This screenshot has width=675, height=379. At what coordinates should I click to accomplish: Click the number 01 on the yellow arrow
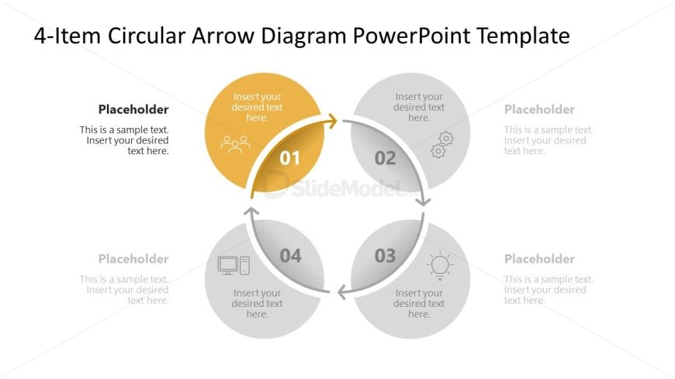289,158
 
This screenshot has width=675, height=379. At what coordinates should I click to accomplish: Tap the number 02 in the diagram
386,158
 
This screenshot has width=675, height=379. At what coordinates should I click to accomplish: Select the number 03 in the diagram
386,256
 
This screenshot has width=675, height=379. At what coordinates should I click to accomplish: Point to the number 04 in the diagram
291,256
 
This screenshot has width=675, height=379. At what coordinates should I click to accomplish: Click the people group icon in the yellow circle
236,143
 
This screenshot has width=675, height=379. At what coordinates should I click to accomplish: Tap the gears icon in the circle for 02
442,144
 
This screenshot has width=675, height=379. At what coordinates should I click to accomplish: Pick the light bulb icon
440,266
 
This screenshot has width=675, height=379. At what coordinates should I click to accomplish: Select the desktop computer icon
234,265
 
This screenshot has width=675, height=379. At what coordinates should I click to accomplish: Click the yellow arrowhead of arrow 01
331,121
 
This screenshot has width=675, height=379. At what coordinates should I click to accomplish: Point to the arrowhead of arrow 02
424,201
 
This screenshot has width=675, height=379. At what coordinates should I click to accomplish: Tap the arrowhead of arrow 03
343,292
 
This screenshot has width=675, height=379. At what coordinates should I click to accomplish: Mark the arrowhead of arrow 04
251,211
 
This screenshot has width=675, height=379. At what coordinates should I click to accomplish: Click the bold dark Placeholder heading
133,109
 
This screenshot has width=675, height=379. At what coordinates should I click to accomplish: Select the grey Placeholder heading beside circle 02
539,109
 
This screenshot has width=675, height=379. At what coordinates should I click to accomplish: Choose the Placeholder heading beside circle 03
539,259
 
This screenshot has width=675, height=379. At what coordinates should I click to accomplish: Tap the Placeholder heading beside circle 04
133,259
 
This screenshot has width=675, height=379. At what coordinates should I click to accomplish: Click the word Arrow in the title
223,36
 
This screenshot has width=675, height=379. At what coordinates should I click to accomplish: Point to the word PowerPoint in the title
411,36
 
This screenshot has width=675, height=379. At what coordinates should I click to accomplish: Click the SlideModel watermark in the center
340,186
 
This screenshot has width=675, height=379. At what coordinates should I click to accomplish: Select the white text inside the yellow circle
257,107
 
